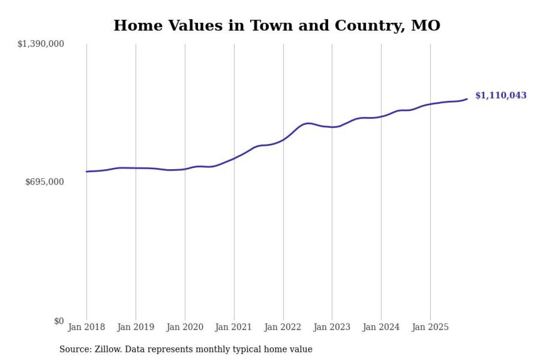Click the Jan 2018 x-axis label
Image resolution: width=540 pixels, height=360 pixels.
click(x=86, y=327)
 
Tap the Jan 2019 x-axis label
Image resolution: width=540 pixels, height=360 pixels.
click(x=135, y=327)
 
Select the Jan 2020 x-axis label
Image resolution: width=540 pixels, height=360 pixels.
click(x=185, y=327)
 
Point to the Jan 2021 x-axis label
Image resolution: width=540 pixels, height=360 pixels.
click(x=234, y=327)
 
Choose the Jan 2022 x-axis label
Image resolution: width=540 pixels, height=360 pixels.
click(x=283, y=327)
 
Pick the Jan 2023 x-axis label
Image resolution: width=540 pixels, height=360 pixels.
click(x=332, y=327)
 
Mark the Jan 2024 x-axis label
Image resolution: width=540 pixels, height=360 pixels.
click(x=381, y=327)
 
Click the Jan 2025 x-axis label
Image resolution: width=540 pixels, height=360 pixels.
click(x=430, y=327)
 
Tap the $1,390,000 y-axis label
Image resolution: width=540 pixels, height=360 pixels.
click(x=40, y=44)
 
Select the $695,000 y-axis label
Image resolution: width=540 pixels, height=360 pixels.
click(x=45, y=182)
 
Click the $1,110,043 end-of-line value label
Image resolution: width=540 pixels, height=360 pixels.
click(x=501, y=95)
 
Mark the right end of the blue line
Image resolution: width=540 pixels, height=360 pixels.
click(x=467, y=99)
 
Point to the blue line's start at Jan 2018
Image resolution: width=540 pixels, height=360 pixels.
click(x=86, y=171)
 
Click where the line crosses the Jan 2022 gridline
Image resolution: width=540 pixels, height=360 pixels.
click(x=283, y=139)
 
